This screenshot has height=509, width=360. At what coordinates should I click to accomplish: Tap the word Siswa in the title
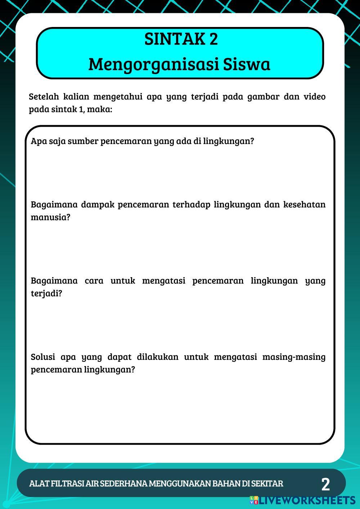(247, 64)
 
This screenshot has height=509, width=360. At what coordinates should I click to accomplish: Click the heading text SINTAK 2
(181, 39)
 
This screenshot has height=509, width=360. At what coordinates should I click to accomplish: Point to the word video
(315, 96)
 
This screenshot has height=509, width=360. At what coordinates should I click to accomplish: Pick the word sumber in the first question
(83, 141)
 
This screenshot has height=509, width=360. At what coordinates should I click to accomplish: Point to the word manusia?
(50, 217)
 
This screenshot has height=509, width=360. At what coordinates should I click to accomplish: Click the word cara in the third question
(94, 281)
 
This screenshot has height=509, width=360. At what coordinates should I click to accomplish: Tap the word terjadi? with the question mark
(46, 293)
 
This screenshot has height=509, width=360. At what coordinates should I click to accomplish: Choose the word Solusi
(43, 357)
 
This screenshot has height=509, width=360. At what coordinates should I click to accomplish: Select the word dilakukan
(157, 357)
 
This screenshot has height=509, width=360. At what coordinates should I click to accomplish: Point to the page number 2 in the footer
(325, 485)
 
